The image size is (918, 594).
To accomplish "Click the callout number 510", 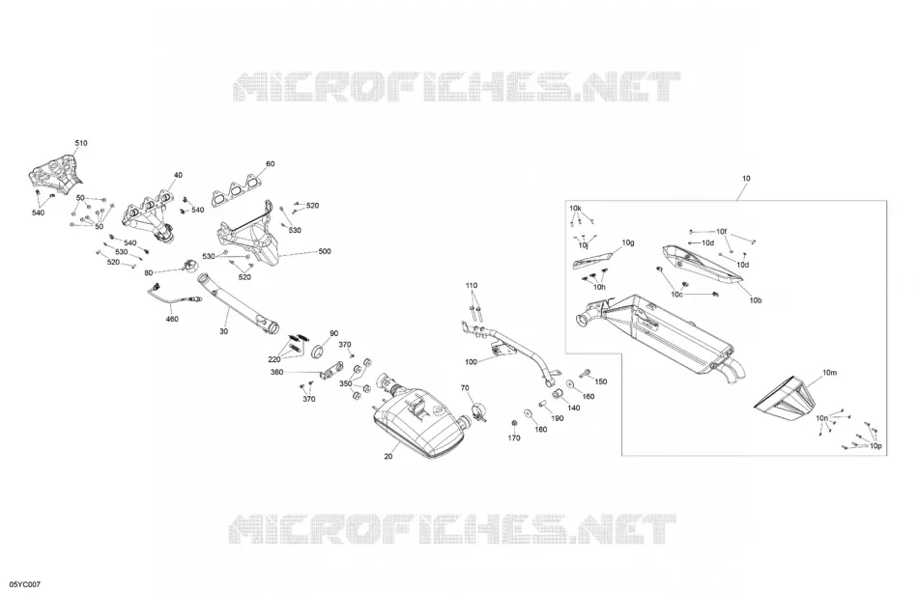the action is [x=81, y=143].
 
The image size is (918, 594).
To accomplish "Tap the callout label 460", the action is [x=172, y=319].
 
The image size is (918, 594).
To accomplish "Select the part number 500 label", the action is [x=325, y=251].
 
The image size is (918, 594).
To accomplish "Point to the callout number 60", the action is [x=270, y=164].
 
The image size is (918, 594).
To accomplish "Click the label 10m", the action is [x=830, y=372].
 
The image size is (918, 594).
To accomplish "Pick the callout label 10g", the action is [x=628, y=242].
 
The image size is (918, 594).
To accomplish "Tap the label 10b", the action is [x=756, y=300].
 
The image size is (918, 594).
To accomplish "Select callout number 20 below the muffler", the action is [x=388, y=457].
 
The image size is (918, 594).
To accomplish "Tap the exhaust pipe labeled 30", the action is [x=239, y=304].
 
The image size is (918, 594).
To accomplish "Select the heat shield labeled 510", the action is [x=54, y=173].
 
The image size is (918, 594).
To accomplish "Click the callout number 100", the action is [x=471, y=361].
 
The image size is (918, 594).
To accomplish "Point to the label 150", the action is [x=601, y=382].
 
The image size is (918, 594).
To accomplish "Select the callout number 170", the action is [x=513, y=438].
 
